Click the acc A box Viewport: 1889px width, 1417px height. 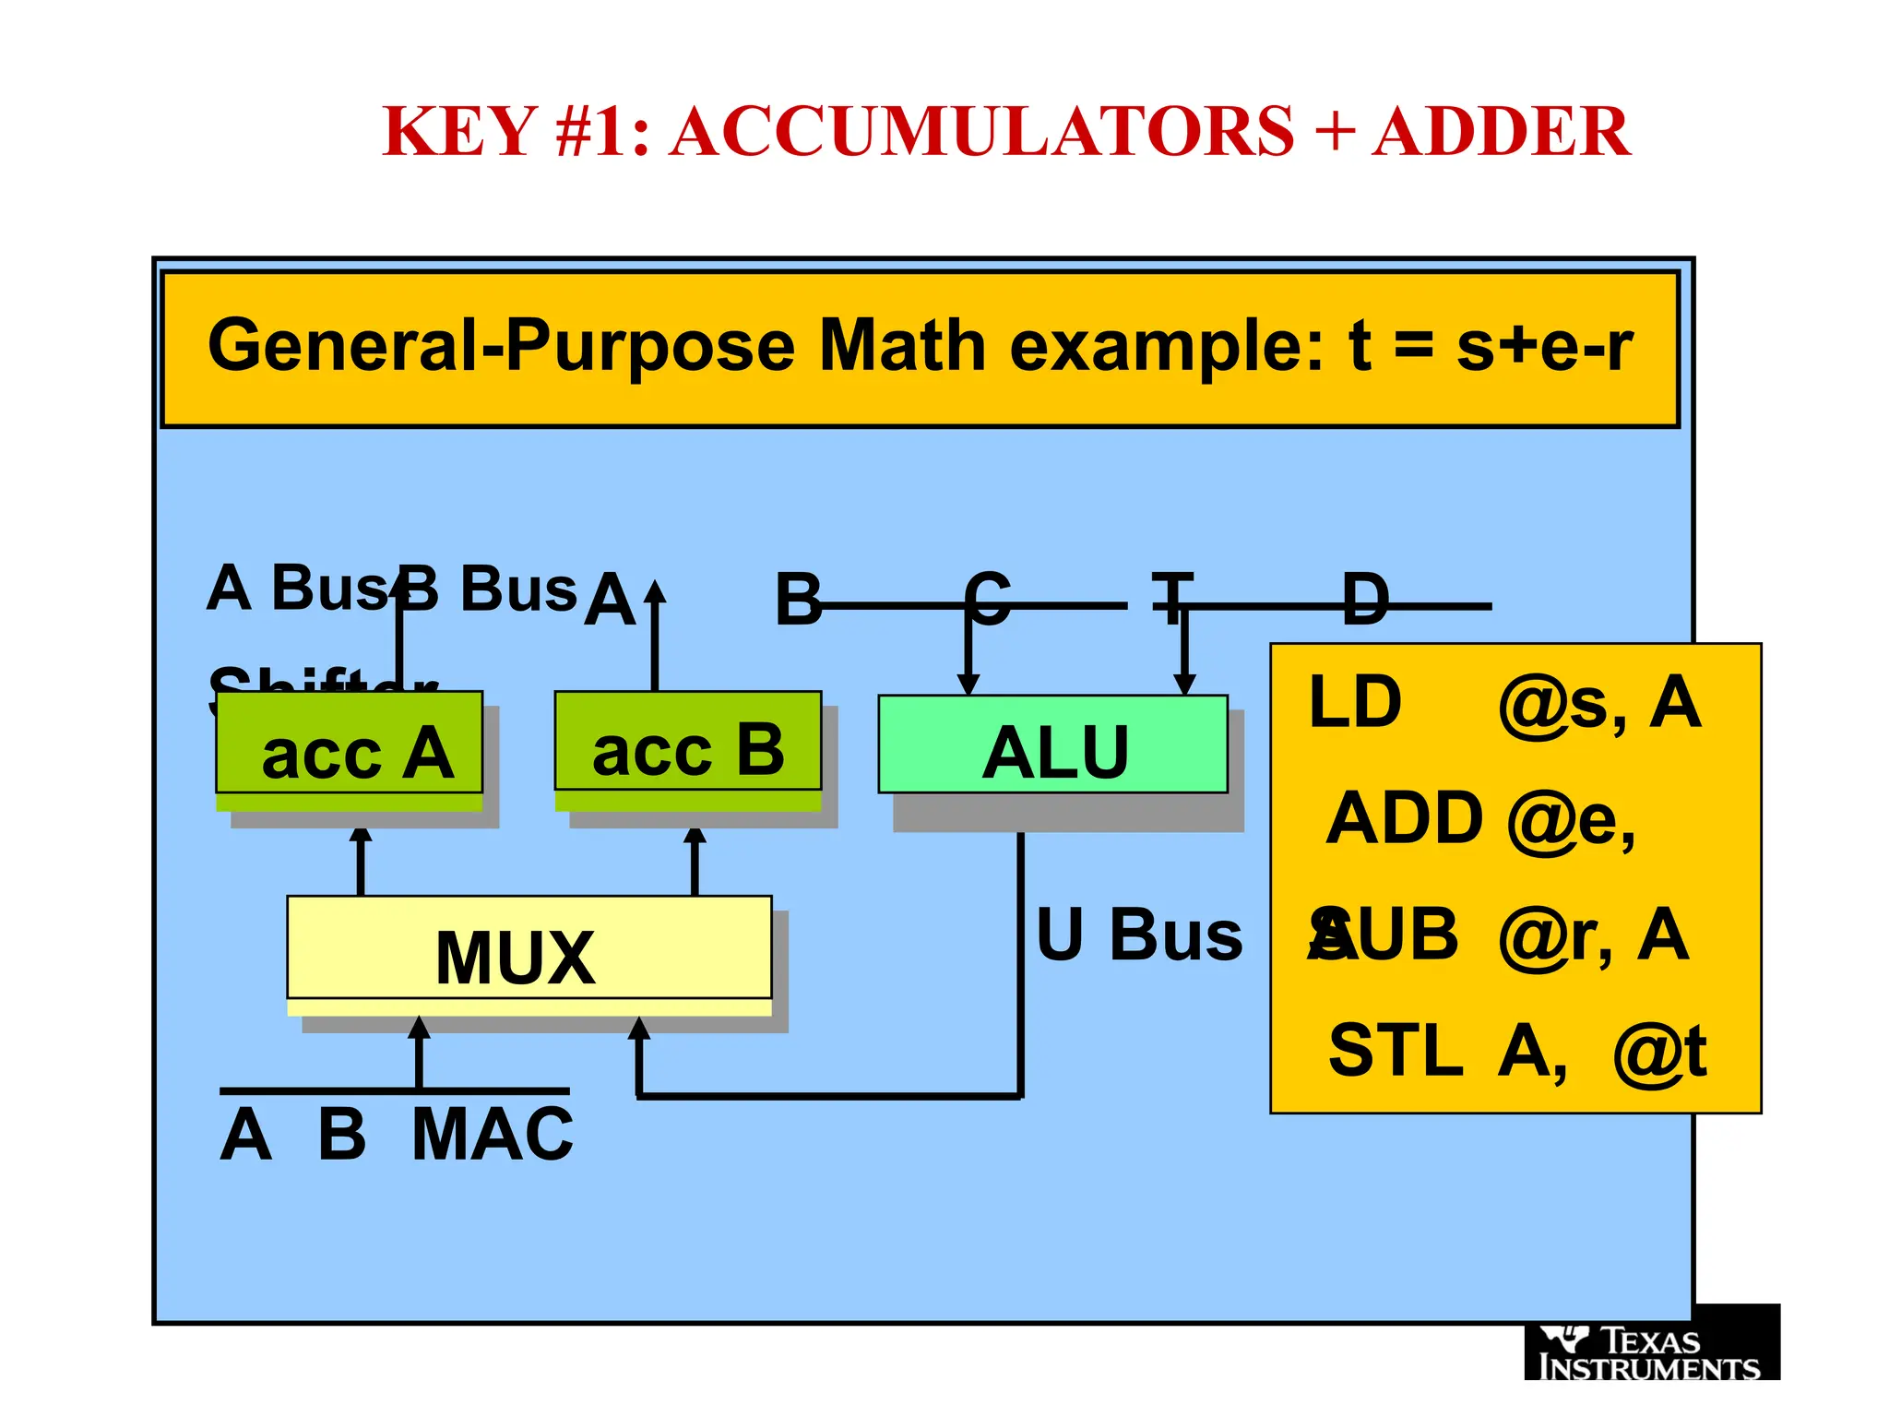pos(349,744)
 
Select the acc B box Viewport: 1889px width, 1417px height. pos(687,742)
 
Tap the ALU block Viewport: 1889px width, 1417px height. pos(1052,745)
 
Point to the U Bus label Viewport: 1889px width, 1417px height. pos(1139,935)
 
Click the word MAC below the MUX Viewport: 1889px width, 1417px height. pos(493,1135)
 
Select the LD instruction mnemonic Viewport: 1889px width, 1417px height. pos(1355,703)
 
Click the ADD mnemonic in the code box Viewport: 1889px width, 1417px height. pos(1404,819)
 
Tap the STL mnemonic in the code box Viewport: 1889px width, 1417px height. pos(1395,1051)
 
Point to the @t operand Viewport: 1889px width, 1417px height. pos(1659,1053)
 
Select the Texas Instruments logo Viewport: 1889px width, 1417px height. pos(1651,1351)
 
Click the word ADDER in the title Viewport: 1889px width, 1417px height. pos(1501,132)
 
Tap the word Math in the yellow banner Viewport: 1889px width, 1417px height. pos(903,347)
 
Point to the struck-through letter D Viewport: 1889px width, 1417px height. pos(1365,600)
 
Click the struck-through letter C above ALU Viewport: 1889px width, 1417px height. pos(988,600)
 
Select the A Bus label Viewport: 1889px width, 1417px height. pos(295,588)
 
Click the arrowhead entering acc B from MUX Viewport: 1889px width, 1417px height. pos(695,836)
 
